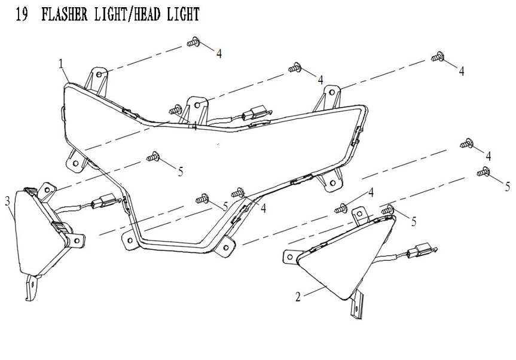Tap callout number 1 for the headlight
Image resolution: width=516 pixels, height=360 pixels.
coord(61,63)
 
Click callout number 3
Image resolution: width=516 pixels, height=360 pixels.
coord(8,200)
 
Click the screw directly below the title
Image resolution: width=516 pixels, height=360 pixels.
coord(193,42)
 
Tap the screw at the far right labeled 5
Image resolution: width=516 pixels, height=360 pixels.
coord(483,173)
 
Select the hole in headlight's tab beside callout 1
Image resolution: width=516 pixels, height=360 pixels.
coord(100,76)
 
